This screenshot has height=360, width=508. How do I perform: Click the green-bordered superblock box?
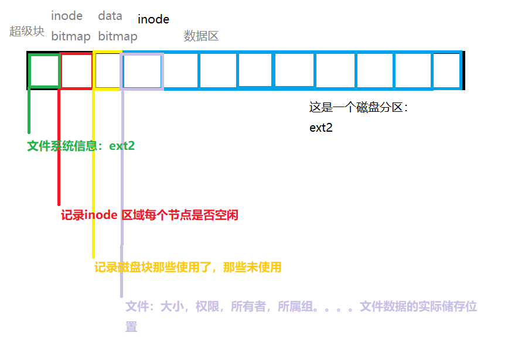click(x=44, y=71)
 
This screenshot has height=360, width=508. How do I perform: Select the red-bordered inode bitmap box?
click(x=76, y=71)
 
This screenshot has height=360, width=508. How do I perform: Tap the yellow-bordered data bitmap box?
click(x=107, y=71)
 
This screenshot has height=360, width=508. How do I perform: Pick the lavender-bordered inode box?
click(x=142, y=71)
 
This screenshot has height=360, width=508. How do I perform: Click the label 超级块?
click(x=27, y=31)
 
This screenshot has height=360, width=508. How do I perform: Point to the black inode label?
click(x=154, y=19)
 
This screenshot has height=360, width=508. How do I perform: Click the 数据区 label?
click(x=201, y=36)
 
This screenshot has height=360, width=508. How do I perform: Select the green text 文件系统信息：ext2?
click(x=81, y=146)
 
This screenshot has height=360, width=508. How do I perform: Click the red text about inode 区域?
click(x=149, y=215)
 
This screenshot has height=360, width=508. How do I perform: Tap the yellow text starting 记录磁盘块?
click(x=187, y=267)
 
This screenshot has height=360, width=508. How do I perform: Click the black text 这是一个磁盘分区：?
click(x=358, y=107)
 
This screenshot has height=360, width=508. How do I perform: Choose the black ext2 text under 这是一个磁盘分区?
click(x=321, y=128)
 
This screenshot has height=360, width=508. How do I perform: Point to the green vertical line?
click(x=29, y=111)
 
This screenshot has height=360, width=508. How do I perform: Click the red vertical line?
click(x=59, y=146)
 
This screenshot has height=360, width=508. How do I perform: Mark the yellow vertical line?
click(x=93, y=176)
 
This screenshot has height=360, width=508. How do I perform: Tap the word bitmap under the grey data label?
click(x=118, y=36)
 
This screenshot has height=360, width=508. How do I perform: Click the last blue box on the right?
click(x=446, y=71)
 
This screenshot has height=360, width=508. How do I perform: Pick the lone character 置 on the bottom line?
click(x=131, y=326)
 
